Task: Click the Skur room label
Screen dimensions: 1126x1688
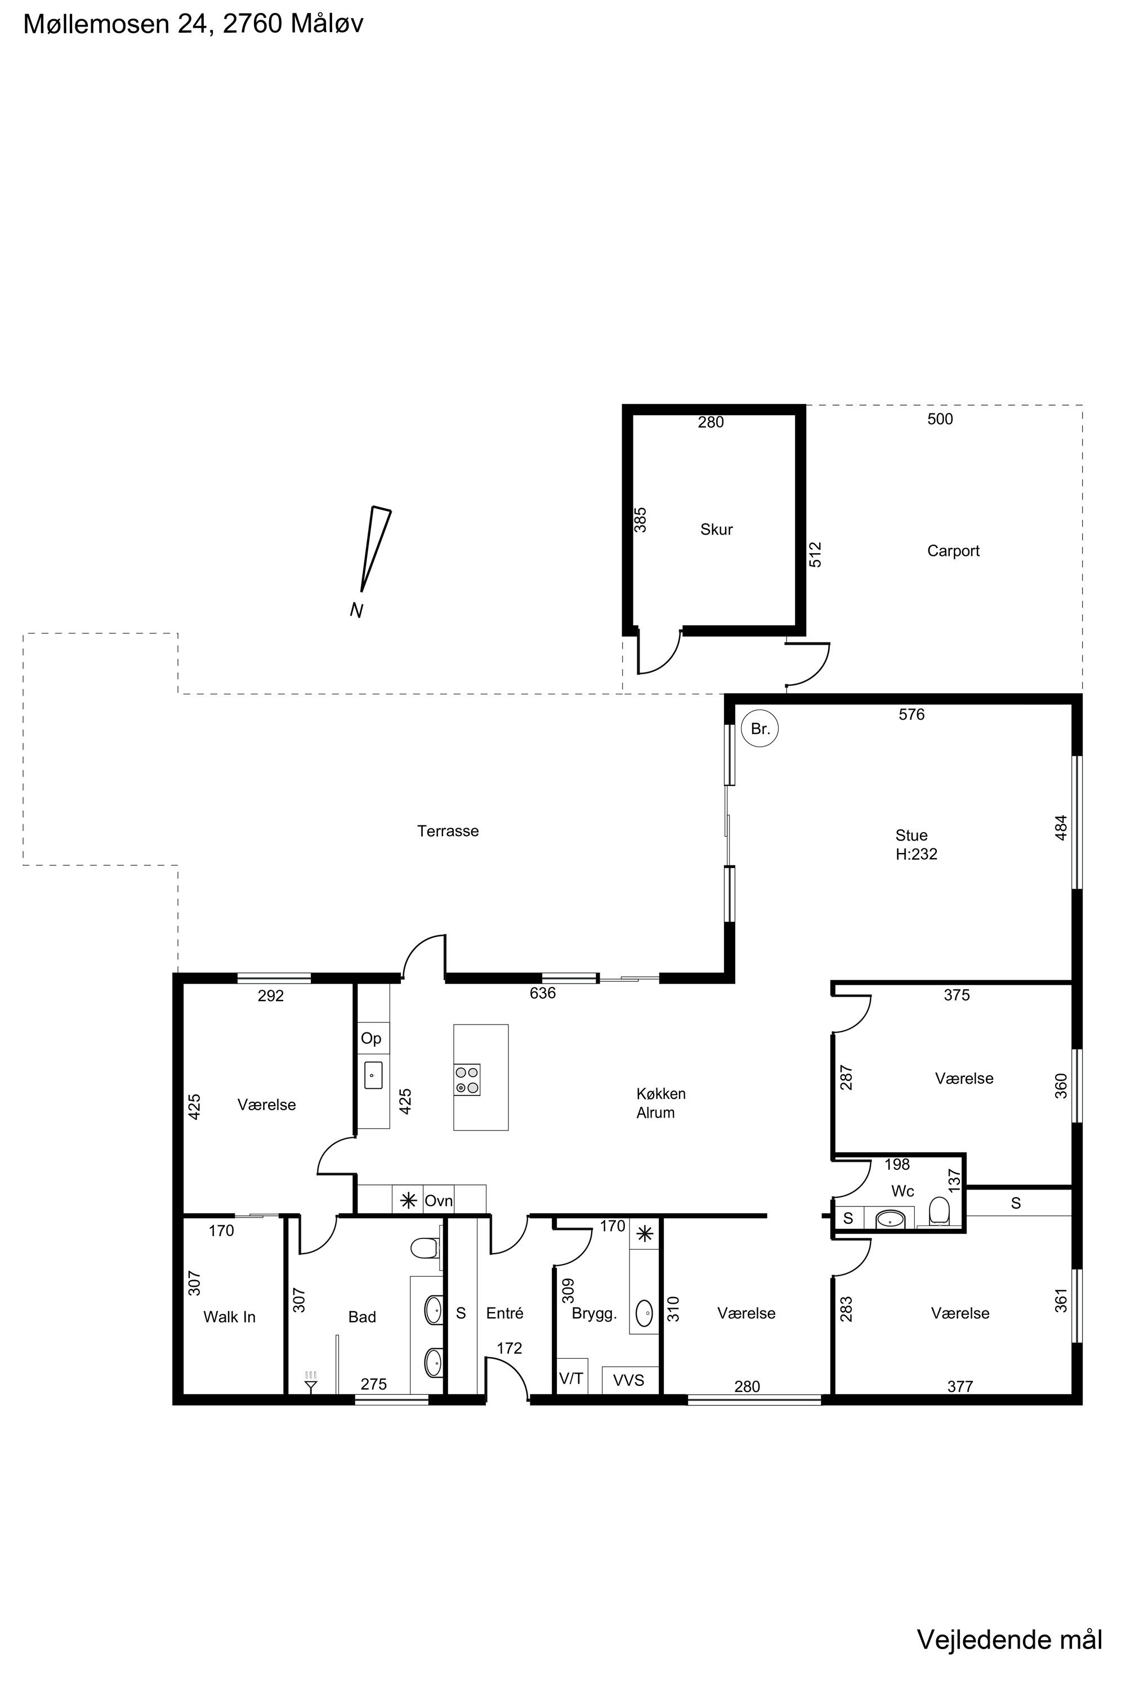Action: [x=716, y=529]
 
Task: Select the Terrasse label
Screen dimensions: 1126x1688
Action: [x=448, y=831]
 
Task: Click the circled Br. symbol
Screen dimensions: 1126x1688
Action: [x=759, y=729]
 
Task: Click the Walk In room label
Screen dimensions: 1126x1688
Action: [x=229, y=1317]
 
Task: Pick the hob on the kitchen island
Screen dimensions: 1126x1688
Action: [x=467, y=1079]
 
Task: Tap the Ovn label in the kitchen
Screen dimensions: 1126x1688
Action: [x=438, y=1201]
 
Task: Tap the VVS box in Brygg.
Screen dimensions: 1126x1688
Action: [x=629, y=1380]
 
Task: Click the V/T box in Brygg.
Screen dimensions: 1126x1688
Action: [x=571, y=1379]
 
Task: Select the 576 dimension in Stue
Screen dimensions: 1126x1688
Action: [x=911, y=714]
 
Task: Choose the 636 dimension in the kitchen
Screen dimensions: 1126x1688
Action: [x=542, y=993]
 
